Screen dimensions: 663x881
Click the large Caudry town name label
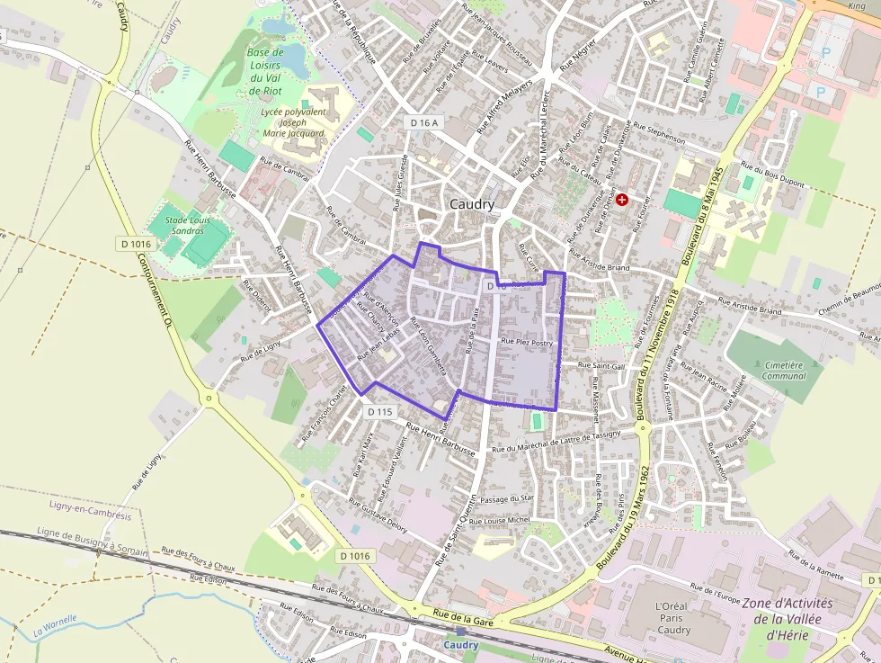[472, 204]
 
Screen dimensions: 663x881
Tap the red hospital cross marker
[621, 198]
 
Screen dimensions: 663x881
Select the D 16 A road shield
[423, 122]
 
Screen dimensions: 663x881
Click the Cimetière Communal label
[784, 371]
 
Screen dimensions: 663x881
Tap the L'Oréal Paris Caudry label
[673, 618]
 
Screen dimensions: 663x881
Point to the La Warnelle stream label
[56, 625]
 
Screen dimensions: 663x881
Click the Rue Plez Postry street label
[526, 342]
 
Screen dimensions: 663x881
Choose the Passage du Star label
[507, 498]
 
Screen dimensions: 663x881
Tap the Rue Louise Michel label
[502, 520]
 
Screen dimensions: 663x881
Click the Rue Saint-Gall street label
[601, 365]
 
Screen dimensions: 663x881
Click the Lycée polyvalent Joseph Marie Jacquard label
[290, 121]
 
